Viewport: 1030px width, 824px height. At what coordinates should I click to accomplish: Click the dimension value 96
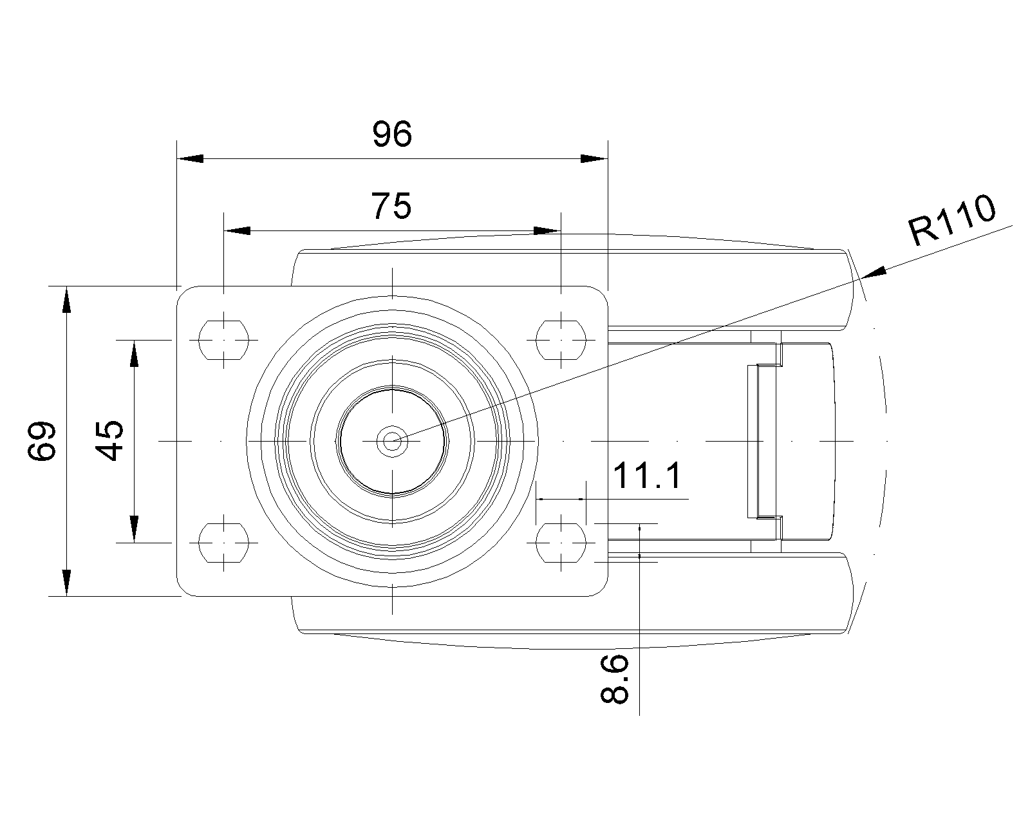(x=392, y=135)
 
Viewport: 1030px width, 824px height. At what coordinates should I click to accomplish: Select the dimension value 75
(x=391, y=207)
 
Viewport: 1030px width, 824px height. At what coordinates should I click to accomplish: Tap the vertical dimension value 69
(x=42, y=441)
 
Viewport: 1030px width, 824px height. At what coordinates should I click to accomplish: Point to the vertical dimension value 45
(x=111, y=441)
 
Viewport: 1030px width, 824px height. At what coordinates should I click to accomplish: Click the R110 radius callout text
(x=951, y=221)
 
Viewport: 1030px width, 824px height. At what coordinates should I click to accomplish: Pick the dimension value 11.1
(x=646, y=477)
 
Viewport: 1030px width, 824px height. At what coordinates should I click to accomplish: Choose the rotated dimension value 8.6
(x=614, y=679)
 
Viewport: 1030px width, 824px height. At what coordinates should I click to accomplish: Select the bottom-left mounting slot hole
(x=223, y=542)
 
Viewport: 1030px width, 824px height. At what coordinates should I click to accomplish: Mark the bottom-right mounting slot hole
(x=561, y=542)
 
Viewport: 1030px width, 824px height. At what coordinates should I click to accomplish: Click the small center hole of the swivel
(x=391, y=441)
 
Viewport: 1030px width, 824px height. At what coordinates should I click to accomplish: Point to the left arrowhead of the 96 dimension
(x=191, y=158)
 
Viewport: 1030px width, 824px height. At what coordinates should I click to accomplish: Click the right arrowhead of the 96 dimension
(x=593, y=158)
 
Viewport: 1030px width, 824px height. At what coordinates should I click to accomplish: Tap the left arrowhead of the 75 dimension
(x=236, y=230)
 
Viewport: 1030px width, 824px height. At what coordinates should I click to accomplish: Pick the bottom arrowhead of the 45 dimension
(x=134, y=529)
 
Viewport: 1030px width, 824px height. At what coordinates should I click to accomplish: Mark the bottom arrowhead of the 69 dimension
(x=66, y=582)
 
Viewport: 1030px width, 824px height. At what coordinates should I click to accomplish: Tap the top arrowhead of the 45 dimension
(x=134, y=353)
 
